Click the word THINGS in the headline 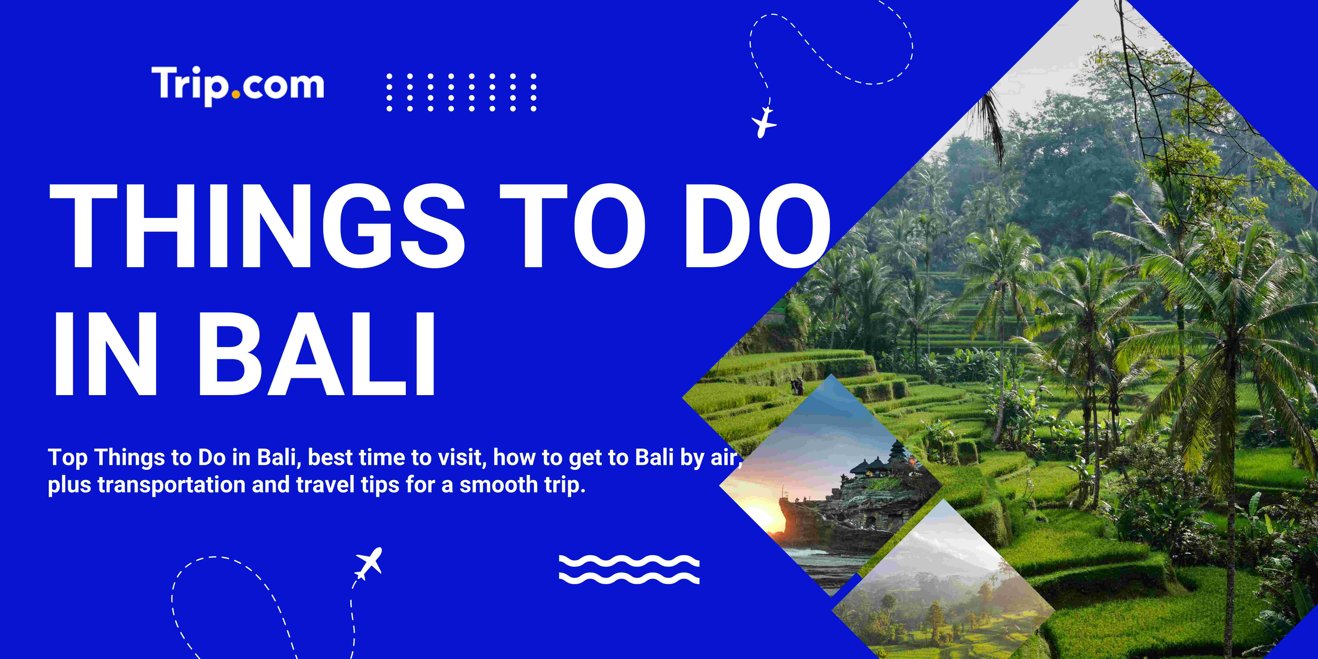click(256, 226)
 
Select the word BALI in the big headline click(317, 354)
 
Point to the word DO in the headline click(757, 226)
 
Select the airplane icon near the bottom click(369, 563)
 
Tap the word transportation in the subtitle click(171, 485)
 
